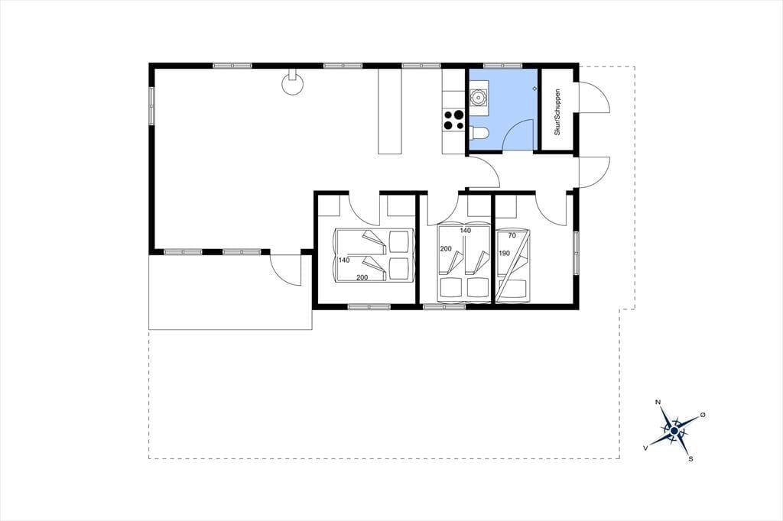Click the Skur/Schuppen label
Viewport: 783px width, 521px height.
point(557,112)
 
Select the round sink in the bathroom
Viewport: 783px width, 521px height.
point(479,97)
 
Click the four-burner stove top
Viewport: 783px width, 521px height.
point(454,120)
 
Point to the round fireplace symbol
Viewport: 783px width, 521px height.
point(293,84)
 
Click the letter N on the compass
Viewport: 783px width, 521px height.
point(658,403)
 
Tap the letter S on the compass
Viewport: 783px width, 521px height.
point(690,459)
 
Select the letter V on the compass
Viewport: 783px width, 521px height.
point(645,448)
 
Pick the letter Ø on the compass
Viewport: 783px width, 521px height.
point(703,415)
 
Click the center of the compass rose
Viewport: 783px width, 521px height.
point(674,430)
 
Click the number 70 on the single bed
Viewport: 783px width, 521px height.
point(512,235)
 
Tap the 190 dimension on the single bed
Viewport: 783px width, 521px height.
point(505,253)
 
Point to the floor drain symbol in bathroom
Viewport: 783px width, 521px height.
point(534,89)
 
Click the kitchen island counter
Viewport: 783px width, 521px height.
point(390,112)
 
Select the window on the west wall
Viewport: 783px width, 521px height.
point(151,105)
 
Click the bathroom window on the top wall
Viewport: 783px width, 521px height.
point(503,66)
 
